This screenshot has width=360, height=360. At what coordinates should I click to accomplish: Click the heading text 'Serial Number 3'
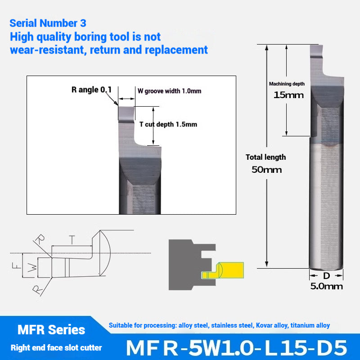pos(48,23)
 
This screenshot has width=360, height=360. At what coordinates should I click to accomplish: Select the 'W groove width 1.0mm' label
pos(169,91)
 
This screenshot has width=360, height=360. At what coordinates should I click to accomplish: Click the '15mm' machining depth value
pos(288,95)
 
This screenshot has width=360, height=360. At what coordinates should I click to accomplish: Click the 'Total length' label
pos(265,157)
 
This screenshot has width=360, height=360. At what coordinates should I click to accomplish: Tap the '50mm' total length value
pos(266,170)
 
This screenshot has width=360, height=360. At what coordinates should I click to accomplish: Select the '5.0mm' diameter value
pos(326,286)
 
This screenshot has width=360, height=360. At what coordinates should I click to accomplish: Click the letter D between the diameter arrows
pos(326,275)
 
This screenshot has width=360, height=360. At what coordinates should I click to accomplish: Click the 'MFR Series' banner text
pos(51,330)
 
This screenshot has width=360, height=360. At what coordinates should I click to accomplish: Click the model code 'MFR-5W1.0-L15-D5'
pos(236,347)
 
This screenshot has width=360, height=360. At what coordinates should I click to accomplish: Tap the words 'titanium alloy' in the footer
pos(310,325)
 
